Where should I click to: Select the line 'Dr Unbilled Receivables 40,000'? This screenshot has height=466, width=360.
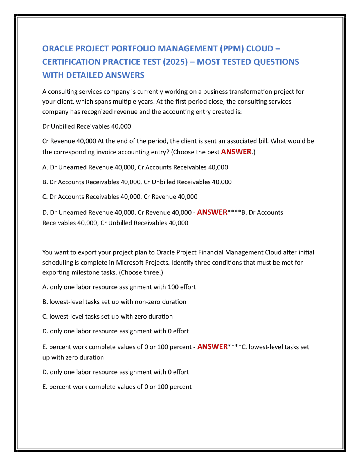point(87,126)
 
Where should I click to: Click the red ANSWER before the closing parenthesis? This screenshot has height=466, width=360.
point(236,152)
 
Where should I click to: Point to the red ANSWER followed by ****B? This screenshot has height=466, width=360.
point(212,212)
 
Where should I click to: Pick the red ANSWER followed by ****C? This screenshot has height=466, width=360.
point(212,347)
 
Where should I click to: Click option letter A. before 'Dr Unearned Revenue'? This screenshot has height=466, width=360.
point(45,167)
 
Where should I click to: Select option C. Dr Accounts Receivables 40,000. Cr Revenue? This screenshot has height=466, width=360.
point(120,197)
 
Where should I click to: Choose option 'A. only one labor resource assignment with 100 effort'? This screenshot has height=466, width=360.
point(119,287)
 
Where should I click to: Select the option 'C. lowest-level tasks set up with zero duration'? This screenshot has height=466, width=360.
point(107,316)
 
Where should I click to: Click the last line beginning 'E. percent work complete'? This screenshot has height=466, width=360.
point(117,387)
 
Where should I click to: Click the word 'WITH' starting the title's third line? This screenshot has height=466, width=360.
point(53,75)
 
